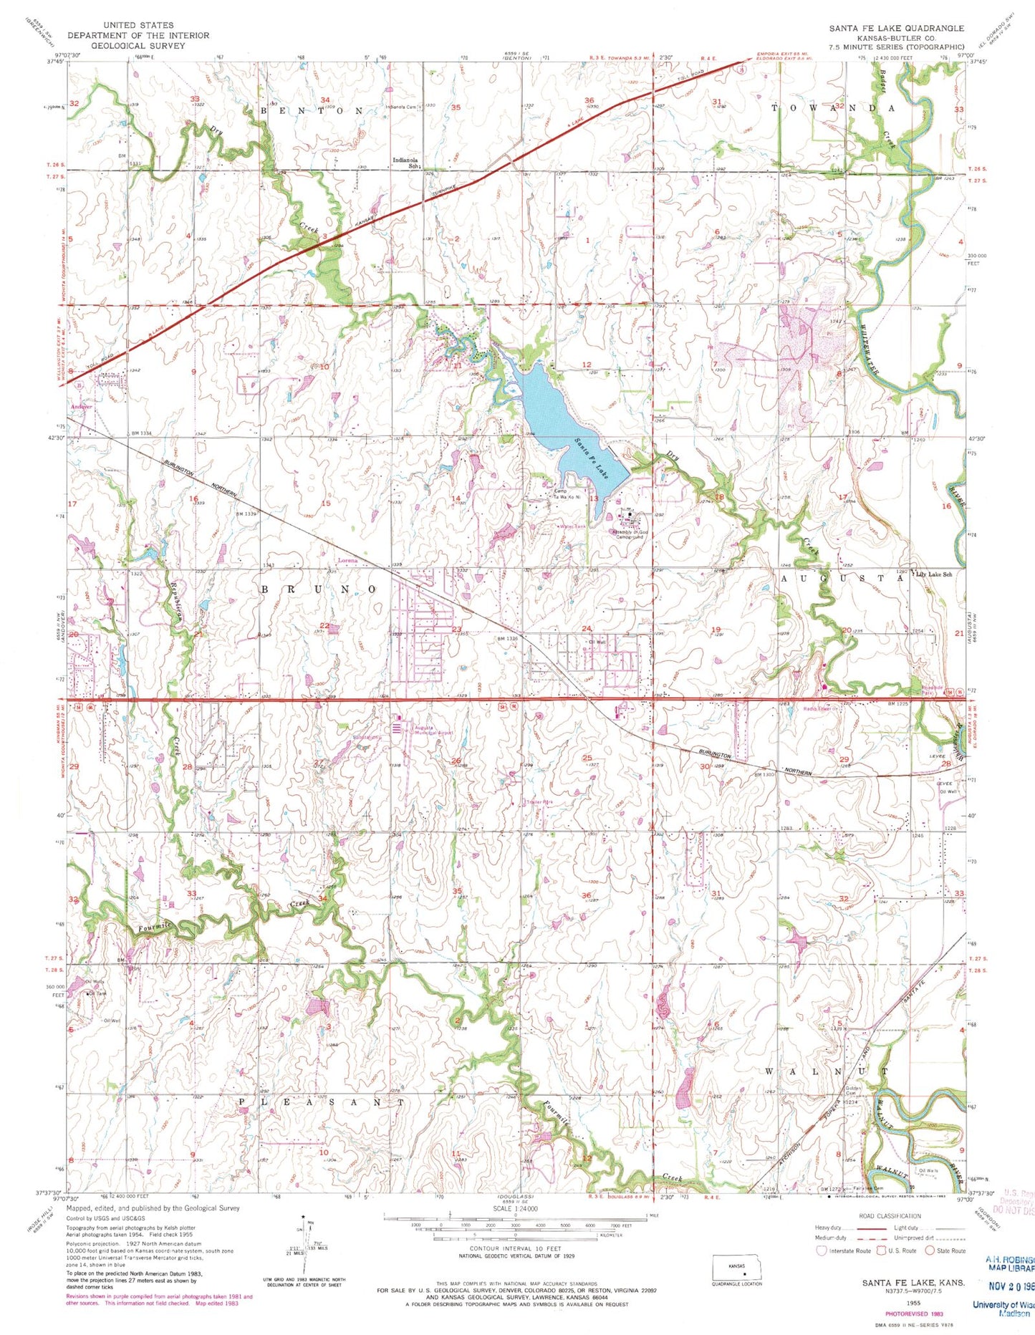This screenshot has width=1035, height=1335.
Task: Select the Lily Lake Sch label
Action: tap(934, 574)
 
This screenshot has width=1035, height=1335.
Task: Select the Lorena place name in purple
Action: tap(347, 560)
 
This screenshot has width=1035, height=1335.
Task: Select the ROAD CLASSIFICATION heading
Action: tap(890, 1216)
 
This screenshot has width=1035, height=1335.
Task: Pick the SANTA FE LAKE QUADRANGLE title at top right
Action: tap(897, 28)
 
